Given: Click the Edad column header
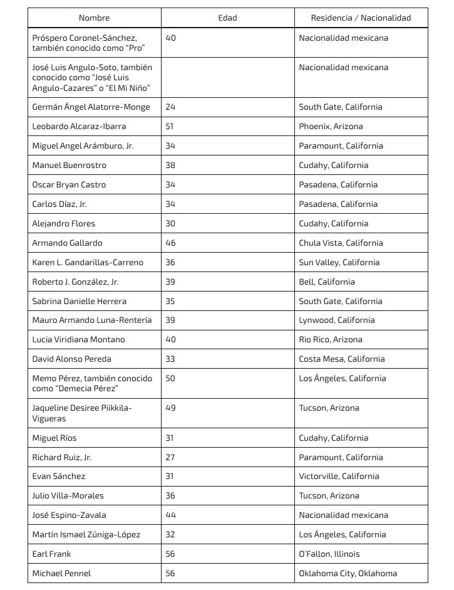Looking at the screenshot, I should tap(227, 18).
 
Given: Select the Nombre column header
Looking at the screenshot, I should tap(94, 18).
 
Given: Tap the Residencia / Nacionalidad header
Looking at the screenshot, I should tap(361, 18).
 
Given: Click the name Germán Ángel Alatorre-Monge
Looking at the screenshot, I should tap(91, 107).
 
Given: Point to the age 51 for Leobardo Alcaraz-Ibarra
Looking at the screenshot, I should tap(170, 126).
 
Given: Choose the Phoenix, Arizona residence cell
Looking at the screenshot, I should tap(331, 126).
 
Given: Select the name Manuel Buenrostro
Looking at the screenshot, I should tap(69, 165).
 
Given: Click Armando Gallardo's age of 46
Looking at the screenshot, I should tap(170, 243).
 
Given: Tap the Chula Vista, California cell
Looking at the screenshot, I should tap(341, 243).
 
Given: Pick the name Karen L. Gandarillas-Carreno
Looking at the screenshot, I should tap(88, 262).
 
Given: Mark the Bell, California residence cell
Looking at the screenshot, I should tap(327, 282).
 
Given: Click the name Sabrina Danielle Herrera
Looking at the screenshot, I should tap(79, 301).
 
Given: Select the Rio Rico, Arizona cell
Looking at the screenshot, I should tap(331, 339).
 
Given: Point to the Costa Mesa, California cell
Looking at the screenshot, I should tap(341, 359).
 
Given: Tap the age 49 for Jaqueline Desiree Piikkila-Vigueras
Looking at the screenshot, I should tap(170, 408).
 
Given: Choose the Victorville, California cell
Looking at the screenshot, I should tap(339, 476).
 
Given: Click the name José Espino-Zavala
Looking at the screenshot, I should tap(69, 515).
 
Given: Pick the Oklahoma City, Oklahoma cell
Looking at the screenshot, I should tap(348, 573).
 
